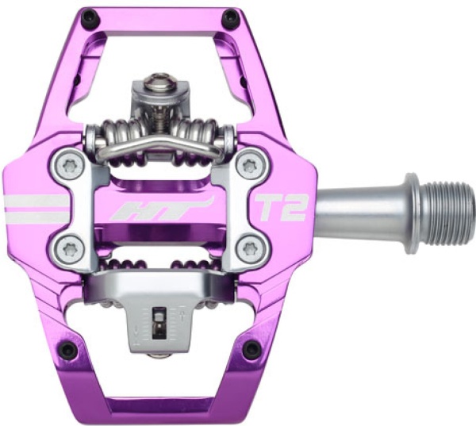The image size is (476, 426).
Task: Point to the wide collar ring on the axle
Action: click(411, 213)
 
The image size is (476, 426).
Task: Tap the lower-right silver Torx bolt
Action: click(251, 248)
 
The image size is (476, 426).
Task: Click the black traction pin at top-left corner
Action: click(90, 17)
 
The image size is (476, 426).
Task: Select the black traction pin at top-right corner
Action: click(230, 17)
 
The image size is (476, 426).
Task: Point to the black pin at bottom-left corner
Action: click(68, 349)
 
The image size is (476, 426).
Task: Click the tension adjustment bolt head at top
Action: click(159, 82)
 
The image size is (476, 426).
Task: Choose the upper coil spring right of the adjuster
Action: click(203, 133)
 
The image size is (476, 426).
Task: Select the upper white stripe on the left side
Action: click(36, 200)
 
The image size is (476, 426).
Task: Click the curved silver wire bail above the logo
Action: click(159, 147)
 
